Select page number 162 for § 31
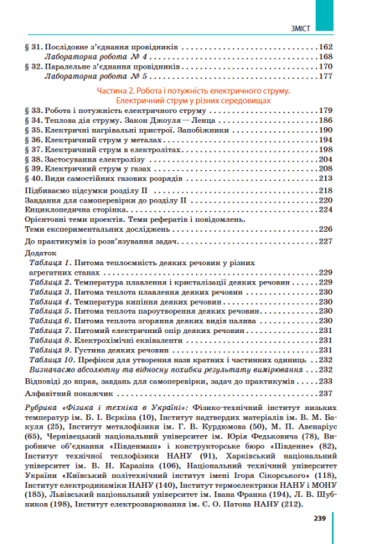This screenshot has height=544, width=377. point(326,46)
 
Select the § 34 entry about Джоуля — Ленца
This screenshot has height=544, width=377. point(108,121)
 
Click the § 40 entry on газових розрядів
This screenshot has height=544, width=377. point(105,178)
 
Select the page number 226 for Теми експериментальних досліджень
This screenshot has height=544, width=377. point(326,228)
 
